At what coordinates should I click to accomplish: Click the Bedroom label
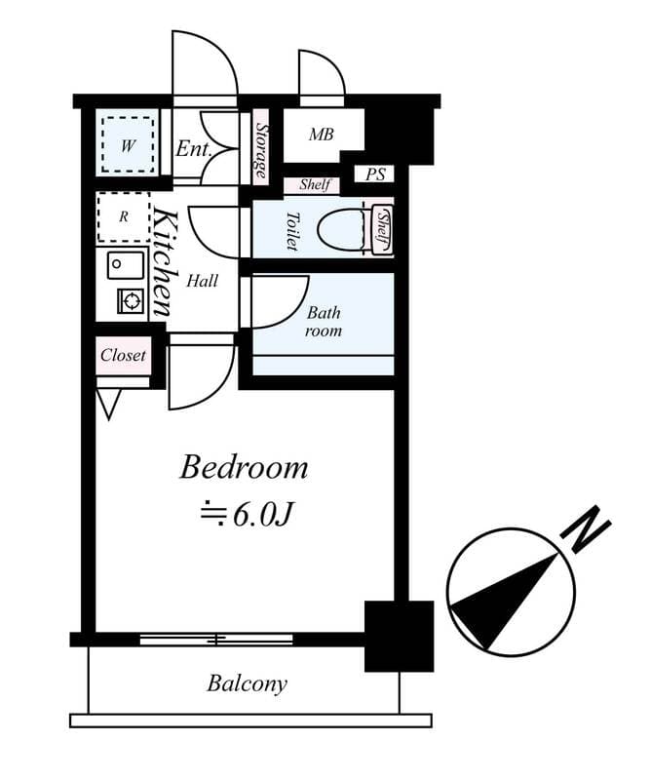pyautogui.click(x=244, y=467)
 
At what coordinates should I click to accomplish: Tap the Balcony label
pyautogui.click(x=247, y=683)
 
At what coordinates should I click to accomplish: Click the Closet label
pyautogui.click(x=124, y=355)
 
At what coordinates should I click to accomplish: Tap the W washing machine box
pyautogui.click(x=127, y=146)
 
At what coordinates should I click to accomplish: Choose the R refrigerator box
pyautogui.click(x=124, y=216)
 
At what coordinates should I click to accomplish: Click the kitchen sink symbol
pyautogui.click(x=126, y=264)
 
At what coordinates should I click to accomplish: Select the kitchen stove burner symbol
pyautogui.click(x=130, y=301)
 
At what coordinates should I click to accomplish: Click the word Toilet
pyautogui.click(x=291, y=230)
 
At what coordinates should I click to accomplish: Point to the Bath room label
pyautogui.click(x=324, y=322)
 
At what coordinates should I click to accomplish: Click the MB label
pyautogui.click(x=322, y=135)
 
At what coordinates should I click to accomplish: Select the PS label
pyautogui.click(x=375, y=175)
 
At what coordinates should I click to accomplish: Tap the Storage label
pyautogui.click(x=260, y=152)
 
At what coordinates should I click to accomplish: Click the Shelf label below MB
pyautogui.click(x=314, y=184)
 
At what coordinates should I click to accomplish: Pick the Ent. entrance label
pyautogui.click(x=194, y=149)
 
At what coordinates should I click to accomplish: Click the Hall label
pyautogui.click(x=202, y=281)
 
